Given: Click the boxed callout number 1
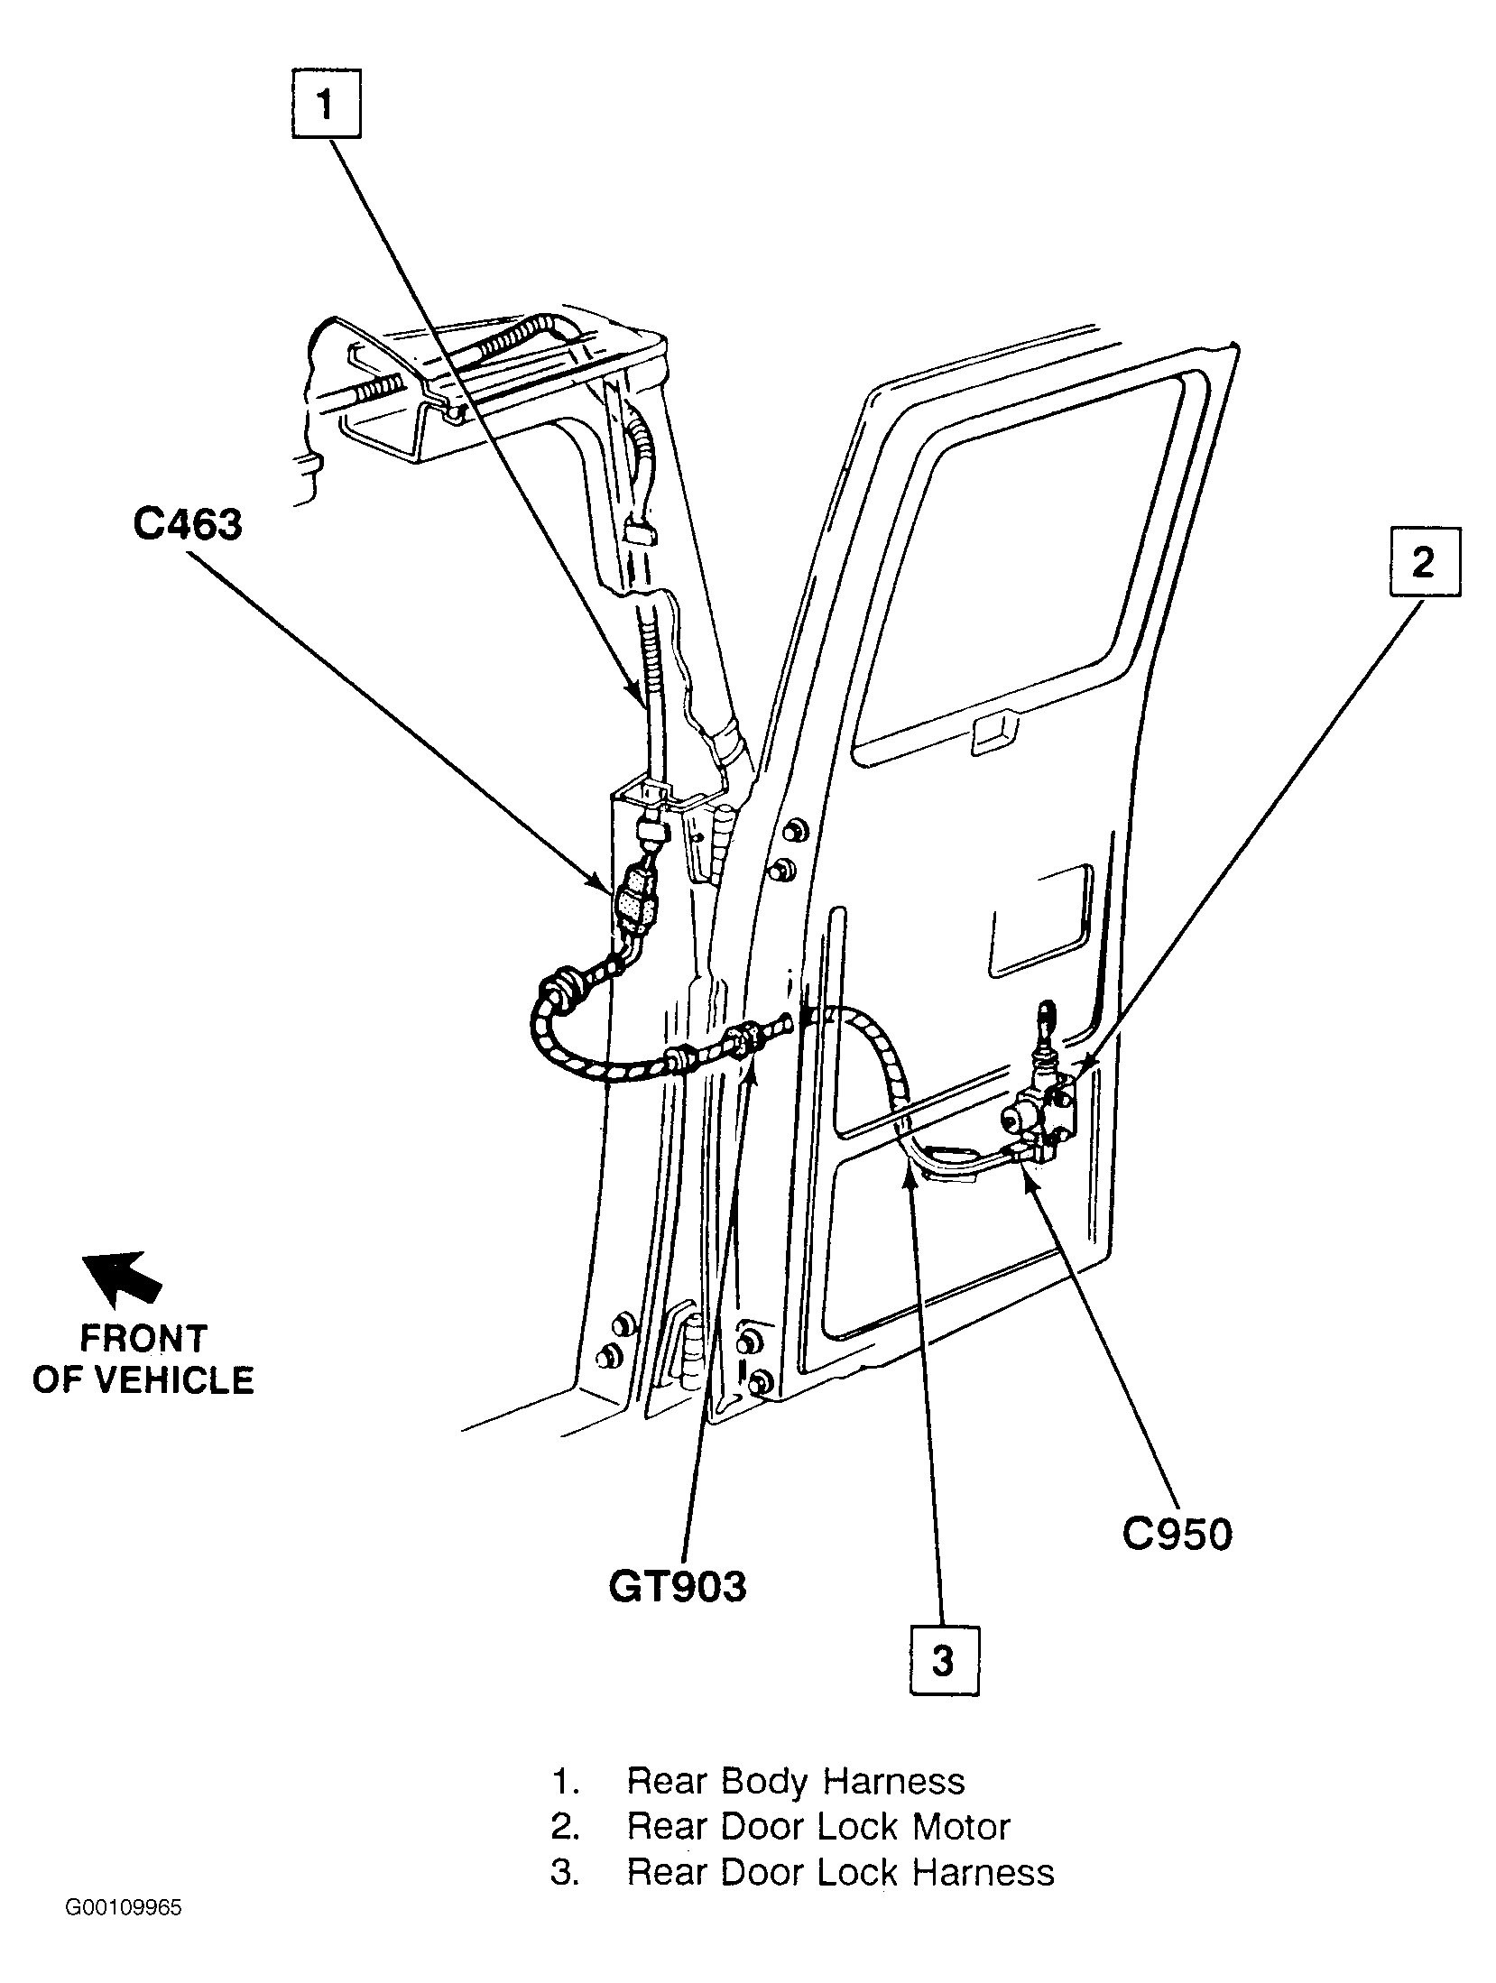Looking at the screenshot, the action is (326, 105).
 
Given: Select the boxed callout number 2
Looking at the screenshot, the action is (1423, 561).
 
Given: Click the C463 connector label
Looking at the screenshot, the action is (188, 524).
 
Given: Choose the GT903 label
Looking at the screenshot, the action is (678, 1585).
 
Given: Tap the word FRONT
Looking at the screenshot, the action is (144, 1339).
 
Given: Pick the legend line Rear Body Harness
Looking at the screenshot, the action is (758, 1781).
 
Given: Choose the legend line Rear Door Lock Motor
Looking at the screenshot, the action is (780, 1826).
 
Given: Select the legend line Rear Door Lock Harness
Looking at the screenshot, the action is (802, 1872).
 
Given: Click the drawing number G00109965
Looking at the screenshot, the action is (124, 1932).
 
